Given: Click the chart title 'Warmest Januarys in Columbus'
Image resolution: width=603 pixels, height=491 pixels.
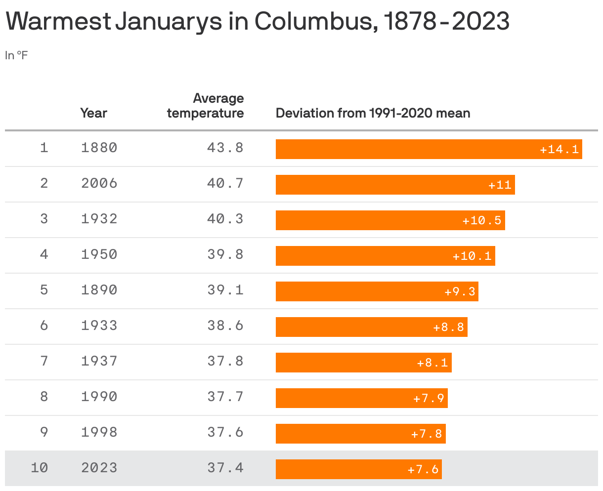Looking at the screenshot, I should tap(257, 22).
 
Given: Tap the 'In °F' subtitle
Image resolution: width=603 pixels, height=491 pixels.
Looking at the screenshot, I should tap(16, 55).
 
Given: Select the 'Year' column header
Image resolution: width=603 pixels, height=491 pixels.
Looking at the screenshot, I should tap(93, 113).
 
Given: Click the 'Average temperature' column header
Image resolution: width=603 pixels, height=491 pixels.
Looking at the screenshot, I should tap(205, 106).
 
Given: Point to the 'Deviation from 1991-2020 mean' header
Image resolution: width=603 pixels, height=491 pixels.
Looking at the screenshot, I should tap(373, 113).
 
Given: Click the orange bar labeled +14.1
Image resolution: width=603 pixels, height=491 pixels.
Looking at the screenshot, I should tap(429, 149).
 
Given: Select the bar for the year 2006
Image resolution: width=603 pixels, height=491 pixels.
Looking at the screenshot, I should tap(395, 185).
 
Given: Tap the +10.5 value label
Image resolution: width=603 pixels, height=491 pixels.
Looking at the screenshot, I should tap(482, 220).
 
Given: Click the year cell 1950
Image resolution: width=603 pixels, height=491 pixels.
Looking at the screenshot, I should tap(99, 254).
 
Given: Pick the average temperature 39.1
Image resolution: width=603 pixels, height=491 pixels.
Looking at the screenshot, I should tap(225, 290).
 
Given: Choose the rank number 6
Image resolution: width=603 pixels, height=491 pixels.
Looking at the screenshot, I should tap(44, 326).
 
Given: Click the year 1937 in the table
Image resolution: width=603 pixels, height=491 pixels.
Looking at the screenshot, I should tap(99, 361).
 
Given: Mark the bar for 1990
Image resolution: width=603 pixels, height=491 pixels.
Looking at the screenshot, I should tap(361, 398).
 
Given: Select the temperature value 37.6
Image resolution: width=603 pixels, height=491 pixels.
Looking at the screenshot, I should tap(225, 432).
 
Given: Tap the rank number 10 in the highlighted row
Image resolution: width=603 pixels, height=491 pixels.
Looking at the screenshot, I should tap(40, 468).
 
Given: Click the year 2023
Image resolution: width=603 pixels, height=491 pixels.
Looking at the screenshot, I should tap(99, 468).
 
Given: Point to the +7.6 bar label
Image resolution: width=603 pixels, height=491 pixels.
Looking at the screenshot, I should tap(423, 469).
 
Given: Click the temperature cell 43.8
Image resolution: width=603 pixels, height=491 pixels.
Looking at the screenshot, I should tap(225, 148).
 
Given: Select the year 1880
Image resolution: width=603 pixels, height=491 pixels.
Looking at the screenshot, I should tap(99, 148).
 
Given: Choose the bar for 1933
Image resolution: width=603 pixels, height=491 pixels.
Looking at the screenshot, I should tap(371, 327).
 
